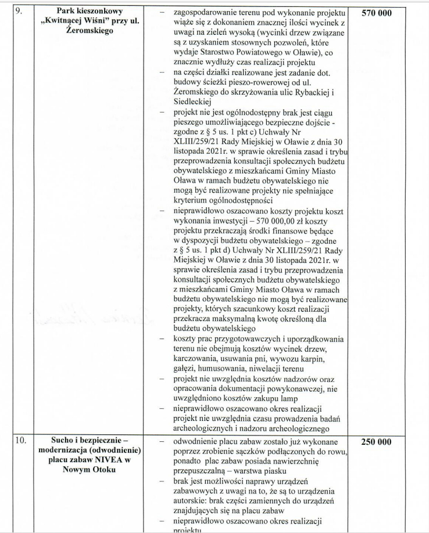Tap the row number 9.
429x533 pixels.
tap(19, 11)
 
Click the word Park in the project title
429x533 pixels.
tap(70, 11)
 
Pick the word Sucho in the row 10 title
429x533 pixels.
tap(64, 442)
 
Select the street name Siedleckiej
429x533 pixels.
tap(194, 101)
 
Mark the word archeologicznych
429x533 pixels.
tap(212, 428)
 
